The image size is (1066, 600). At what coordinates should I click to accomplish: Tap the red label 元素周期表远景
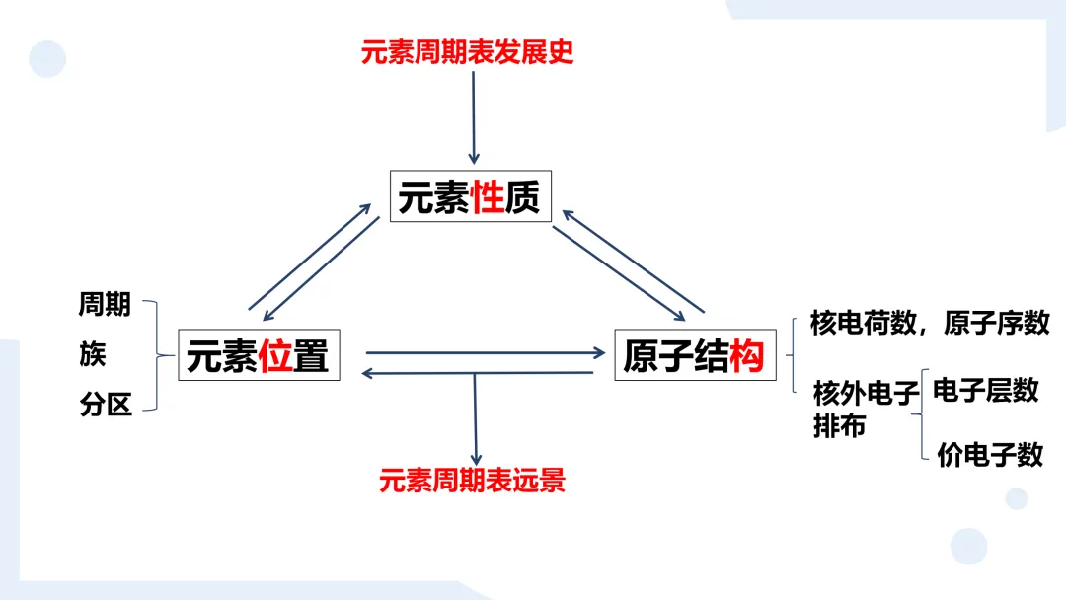(472, 481)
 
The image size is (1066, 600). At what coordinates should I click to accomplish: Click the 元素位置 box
(258, 356)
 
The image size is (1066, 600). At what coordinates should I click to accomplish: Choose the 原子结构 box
(694, 356)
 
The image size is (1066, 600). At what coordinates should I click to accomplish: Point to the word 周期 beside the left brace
(105, 305)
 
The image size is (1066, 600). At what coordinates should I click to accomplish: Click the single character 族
(92, 354)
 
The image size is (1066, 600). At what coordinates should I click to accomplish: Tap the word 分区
(105, 405)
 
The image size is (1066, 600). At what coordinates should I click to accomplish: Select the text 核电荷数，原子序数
(929, 323)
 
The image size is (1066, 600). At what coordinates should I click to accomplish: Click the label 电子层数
(985, 390)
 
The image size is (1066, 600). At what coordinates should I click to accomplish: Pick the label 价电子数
(989, 454)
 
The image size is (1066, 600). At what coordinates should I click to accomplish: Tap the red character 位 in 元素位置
(276, 356)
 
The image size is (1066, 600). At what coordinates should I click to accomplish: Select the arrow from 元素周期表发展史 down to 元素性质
(474, 116)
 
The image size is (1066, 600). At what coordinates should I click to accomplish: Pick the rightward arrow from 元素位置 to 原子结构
(484, 351)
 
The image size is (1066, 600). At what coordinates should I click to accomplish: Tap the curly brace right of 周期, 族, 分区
(153, 354)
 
